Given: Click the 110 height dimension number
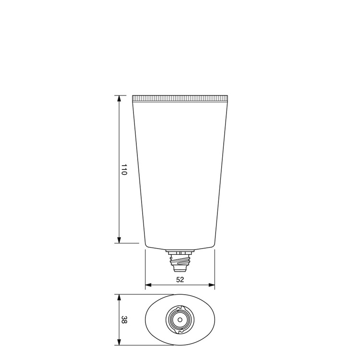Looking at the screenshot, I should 124,169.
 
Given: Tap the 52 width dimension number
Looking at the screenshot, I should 180,279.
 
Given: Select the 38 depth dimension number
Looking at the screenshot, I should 124,320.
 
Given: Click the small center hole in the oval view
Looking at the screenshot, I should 180,320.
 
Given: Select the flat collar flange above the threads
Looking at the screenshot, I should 180,251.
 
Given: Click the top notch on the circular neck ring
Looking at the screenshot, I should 180,307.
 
